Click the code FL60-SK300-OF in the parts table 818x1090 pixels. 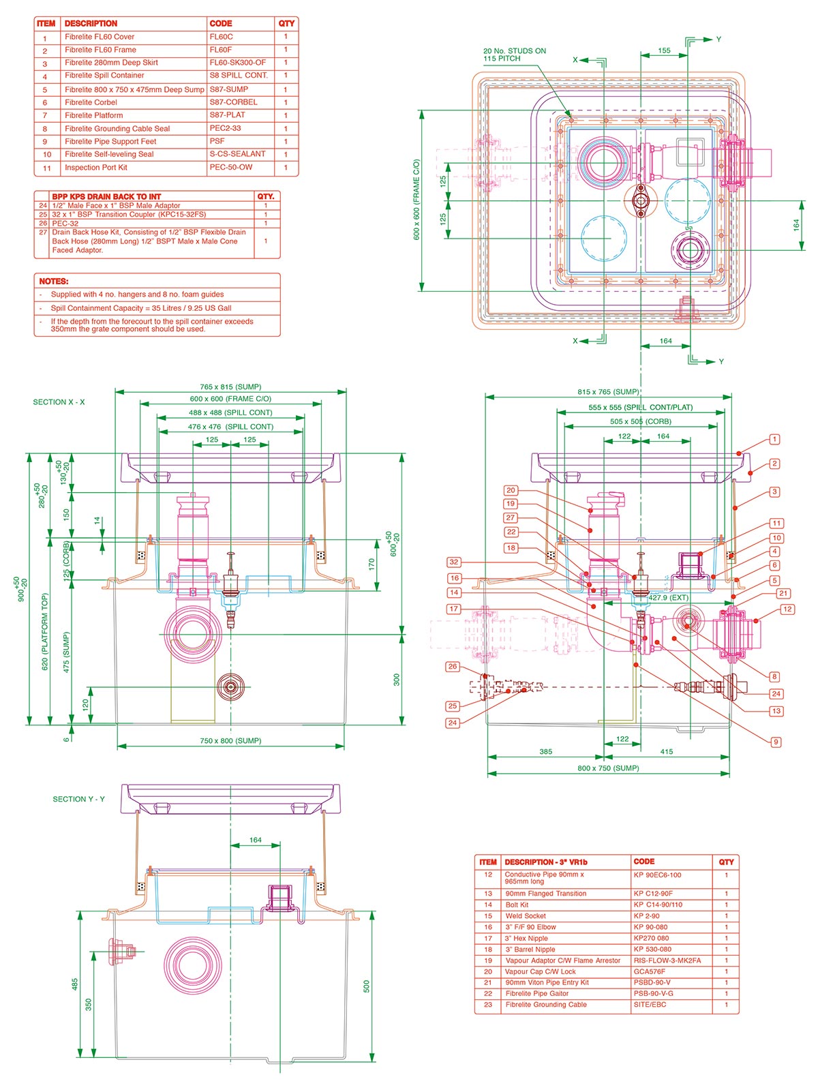click(x=237, y=63)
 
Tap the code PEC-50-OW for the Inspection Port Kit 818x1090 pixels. click(x=230, y=167)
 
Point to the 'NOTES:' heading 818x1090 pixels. click(x=54, y=281)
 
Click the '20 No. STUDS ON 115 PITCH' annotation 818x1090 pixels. click(x=514, y=55)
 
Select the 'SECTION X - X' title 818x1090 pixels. click(x=59, y=402)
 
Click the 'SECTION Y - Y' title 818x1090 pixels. click(x=79, y=799)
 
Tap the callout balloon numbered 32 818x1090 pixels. click(x=454, y=562)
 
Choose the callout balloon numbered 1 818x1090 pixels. click(x=774, y=440)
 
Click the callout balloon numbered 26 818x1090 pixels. click(x=453, y=667)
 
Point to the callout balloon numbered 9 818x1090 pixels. click(x=776, y=742)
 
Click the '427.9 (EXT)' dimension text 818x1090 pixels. click(x=667, y=598)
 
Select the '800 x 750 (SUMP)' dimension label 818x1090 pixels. click(x=608, y=768)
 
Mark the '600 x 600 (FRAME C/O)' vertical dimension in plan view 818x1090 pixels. click(x=416, y=200)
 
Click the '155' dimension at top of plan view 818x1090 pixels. click(x=664, y=50)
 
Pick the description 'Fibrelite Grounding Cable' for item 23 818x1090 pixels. click(x=545, y=1005)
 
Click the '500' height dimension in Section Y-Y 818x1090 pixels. click(x=366, y=986)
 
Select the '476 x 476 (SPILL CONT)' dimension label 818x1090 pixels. click(x=230, y=427)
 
